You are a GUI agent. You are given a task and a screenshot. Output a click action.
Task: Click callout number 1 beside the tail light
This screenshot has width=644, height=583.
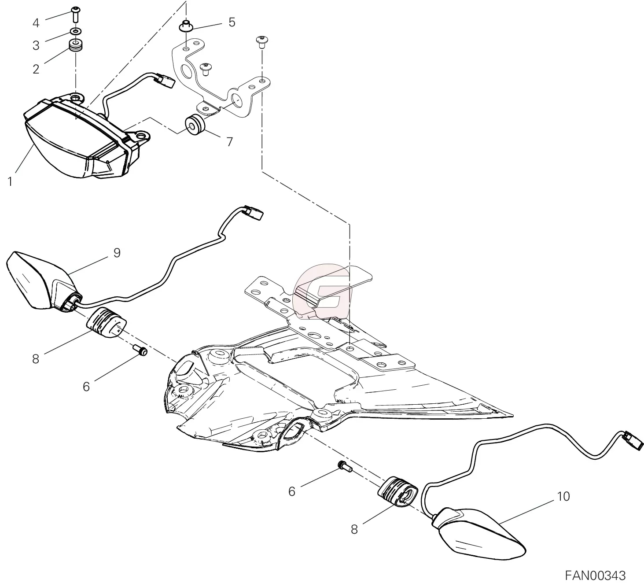click(10, 181)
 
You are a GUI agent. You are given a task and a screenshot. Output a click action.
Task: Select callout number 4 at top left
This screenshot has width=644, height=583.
click(36, 22)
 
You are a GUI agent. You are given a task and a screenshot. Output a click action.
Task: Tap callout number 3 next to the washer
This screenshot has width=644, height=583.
click(36, 45)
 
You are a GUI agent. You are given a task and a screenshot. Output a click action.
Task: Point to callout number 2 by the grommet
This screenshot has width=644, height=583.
click(36, 69)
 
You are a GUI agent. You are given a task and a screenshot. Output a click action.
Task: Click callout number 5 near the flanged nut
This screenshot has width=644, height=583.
click(232, 22)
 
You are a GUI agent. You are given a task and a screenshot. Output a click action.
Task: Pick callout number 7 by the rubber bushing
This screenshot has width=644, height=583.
click(229, 142)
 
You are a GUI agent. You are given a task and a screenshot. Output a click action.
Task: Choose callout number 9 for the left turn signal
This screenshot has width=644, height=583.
click(117, 252)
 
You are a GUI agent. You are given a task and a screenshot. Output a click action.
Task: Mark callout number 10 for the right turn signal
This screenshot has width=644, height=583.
click(563, 496)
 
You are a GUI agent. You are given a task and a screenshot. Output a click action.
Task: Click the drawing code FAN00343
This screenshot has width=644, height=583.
click(595, 575)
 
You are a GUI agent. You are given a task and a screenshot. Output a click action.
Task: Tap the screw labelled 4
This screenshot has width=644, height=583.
click(76, 15)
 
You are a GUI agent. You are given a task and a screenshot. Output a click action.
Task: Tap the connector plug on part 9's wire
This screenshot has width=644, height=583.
click(254, 213)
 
